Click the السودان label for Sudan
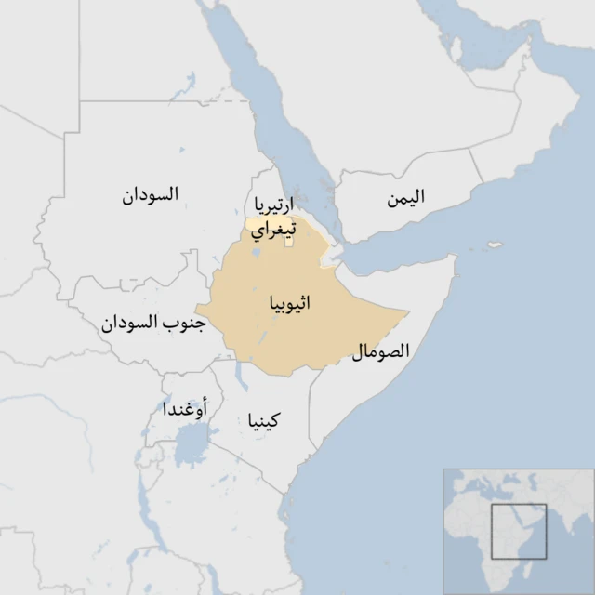pyautogui.click(x=151, y=195)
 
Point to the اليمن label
pyautogui.click(x=406, y=197)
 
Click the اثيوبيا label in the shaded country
pyautogui.click(x=289, y=304)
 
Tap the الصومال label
pyautogui.click(x=381, y=352)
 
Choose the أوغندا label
pyautogui.click(x=185, y=408)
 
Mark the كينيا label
pyautogui.click(x=263, y=421)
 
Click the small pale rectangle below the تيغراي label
pyautogui.click(x=289, y=243)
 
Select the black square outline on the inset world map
pyautogui.click(x=519, y=531)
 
